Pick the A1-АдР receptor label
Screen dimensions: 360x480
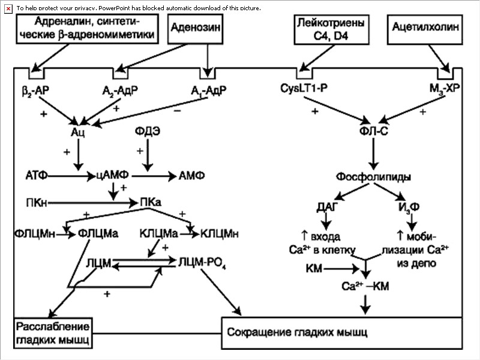[x=209, y=91]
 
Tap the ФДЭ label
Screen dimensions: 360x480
[x=147, y=133]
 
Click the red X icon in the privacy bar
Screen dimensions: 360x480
[x=8, y=7]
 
